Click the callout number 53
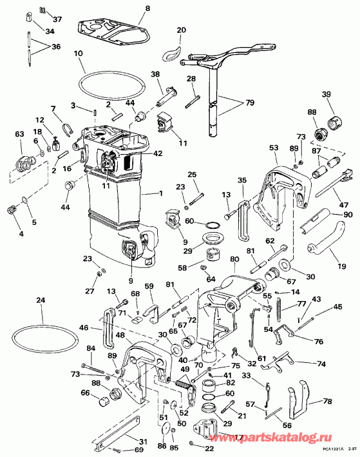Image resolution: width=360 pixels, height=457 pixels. [x=274, y=148]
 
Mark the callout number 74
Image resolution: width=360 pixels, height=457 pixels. [x=321, y=362]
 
